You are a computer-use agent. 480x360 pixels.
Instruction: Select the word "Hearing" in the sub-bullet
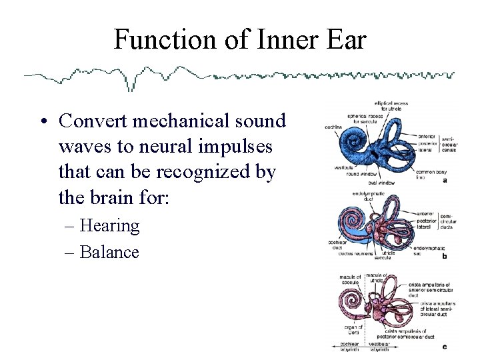(x=109, y=226)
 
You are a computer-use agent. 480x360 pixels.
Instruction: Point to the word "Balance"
(x=109, y=253)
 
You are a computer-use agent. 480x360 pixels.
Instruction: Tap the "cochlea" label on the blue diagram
(x=334, y=125)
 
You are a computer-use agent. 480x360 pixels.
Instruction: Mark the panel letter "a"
(x=445, y=180)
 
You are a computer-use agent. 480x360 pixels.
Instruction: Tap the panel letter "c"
(x=445, y=346)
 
